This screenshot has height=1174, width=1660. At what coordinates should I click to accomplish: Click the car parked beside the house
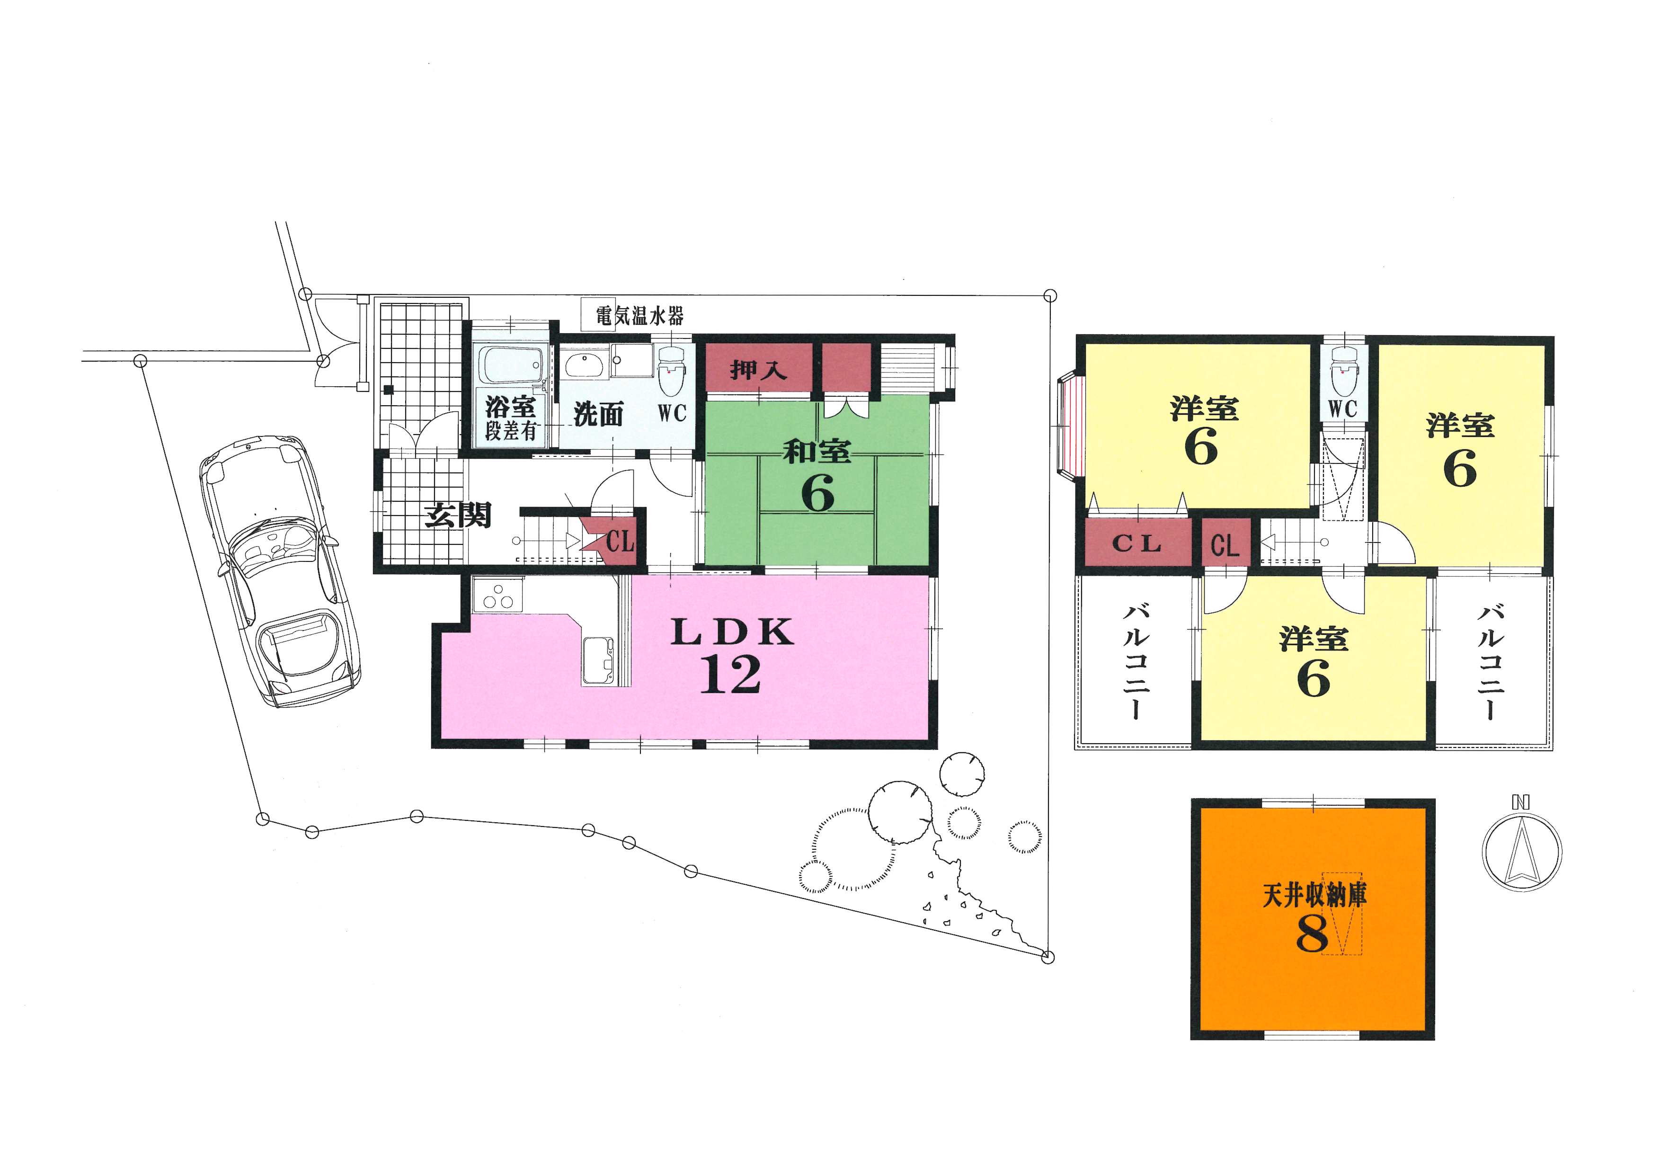tap(280, 571)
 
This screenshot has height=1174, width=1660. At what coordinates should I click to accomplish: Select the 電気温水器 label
tap(639, 316)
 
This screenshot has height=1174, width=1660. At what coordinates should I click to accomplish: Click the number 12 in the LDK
tap(730, 675)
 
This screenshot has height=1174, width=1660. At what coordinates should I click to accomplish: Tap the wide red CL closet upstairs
tap(1138, 543)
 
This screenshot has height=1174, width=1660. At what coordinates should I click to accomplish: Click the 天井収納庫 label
tap(1314, 897)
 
